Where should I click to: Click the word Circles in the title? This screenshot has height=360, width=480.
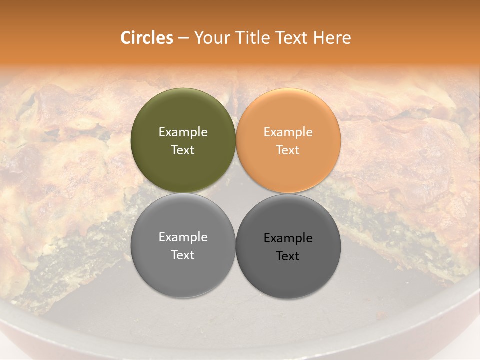point(146,38)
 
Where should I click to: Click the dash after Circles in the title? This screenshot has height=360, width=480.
point(183,38)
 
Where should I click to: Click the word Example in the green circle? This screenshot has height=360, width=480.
point(183,132)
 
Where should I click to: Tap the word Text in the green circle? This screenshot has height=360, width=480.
point(183,150)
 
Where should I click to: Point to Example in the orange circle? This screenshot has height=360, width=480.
point(288,132)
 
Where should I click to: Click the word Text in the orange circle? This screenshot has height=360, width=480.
point(288,150)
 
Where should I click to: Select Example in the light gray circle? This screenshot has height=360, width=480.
point(183,237)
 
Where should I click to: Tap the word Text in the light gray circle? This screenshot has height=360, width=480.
point(183,255)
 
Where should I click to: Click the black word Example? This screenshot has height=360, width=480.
point(288,238)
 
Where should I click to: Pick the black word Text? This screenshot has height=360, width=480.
point(288,256)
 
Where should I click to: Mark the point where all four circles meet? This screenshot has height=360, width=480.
point(235,193)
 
